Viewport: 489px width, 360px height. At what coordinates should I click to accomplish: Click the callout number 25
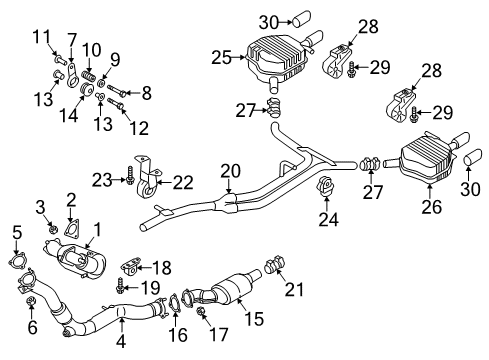click(221, 57)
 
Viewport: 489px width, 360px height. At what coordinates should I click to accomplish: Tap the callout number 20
click(230, 171)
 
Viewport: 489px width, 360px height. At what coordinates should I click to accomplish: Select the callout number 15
click(253, 318)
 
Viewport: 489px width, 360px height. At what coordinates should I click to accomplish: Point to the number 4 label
click(121, 341)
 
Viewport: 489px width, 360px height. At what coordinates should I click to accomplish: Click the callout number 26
click(432, 207)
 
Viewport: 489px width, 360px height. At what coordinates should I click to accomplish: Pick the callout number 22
click(183, 183)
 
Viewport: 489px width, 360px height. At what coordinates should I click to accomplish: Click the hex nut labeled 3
click(52, 229)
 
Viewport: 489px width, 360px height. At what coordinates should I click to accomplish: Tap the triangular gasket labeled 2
click(71, 230)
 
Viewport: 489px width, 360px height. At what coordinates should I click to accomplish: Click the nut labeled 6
click(31, 300)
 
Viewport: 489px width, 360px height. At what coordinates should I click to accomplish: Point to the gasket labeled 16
click(174, 303)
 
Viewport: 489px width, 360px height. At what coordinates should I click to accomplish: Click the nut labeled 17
click(201, 311)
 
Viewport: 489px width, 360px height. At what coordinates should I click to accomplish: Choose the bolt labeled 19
click(120, 286)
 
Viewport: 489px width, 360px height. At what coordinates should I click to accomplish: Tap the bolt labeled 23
click(130, 175)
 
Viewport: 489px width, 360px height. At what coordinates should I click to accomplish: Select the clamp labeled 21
click(275, 264)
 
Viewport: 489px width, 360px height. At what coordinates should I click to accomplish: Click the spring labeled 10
click(89, 75)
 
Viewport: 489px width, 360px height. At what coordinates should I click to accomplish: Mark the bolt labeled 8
click(116, 90)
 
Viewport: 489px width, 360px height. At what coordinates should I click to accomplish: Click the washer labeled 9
click(103, 82)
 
